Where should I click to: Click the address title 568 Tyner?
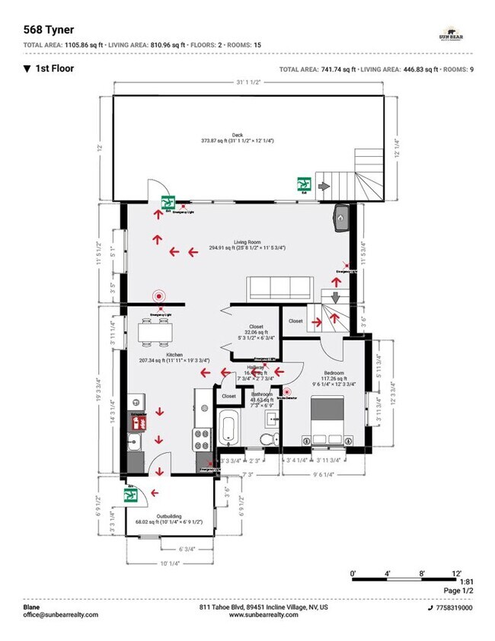(x=49, y=30)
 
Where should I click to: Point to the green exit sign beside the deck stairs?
(x=304, y=183)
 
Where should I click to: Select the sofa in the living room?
(x=279, y=289)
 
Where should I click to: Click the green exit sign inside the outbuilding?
(x=130, y=495)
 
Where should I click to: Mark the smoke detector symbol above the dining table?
(x=158, y=295)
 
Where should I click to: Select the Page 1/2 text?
(x=456, y=591)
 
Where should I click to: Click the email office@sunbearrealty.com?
(x=60, y=614)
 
